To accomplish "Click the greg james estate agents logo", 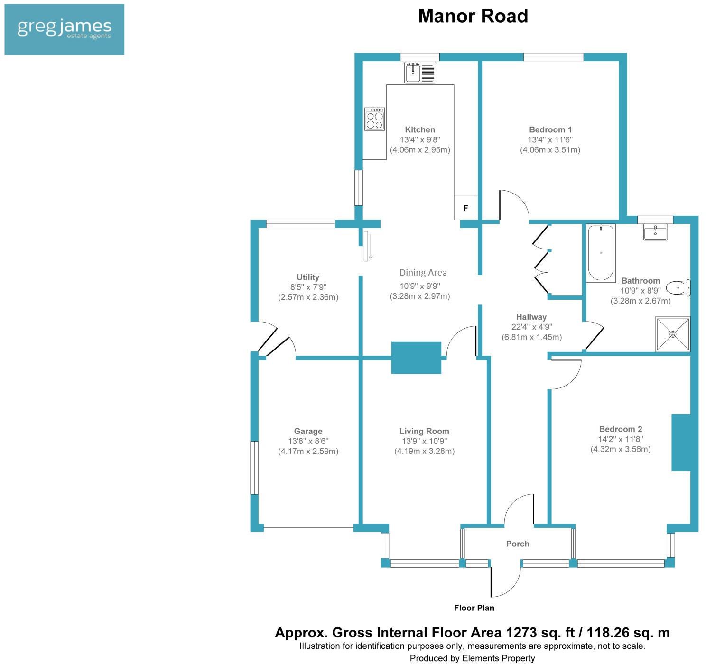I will [x=64, y=29].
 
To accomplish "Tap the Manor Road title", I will [x=473, y=16].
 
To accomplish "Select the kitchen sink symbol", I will [x=420, y=73].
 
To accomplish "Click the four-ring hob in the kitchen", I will [x=374, y=119].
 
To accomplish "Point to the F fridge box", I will [x=466, y=208].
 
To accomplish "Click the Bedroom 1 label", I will [x=550, y=129].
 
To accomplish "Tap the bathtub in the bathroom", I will [x=601, y=253].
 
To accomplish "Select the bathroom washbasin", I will [x=655, y=232].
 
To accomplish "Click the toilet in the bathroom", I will [x=678, y=287].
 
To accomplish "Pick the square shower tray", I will [x=672, y=334].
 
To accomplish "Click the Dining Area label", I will [x=423, y=273].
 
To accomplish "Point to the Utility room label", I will [x=308, y=277].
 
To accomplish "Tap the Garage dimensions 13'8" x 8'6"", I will [x=308, y=441].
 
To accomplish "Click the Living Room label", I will [x=424, y=431].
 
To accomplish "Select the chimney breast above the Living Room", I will [x=416, y=358].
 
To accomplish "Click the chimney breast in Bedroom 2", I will [x=680, y=443].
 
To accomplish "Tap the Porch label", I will [x=517, y=544].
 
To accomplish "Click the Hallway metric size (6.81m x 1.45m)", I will [x=531, y=337].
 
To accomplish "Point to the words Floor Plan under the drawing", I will [x=474, y=608].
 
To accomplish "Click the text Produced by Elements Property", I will [x=472, y=658].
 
